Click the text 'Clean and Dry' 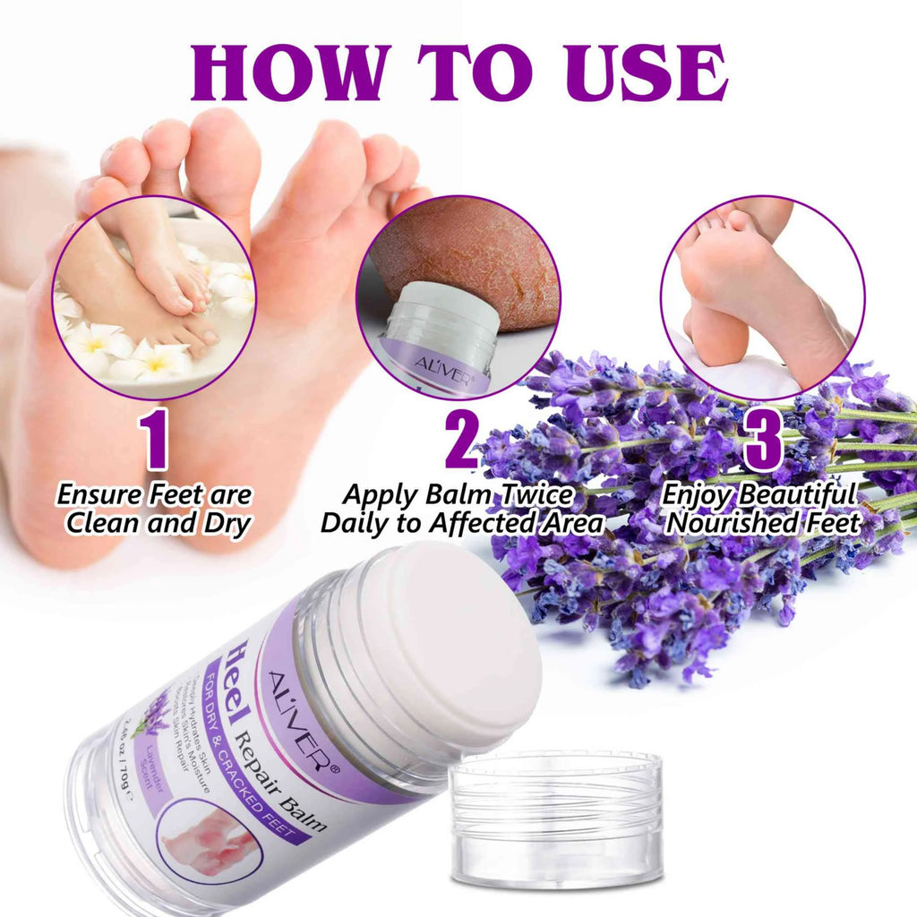click(x=158, y=524)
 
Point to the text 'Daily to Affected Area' click(x=462, y=524)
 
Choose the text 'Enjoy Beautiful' click(x=759, y=493)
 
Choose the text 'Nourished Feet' click(x=764, y=522)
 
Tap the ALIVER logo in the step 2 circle click(x=421, y=366)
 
